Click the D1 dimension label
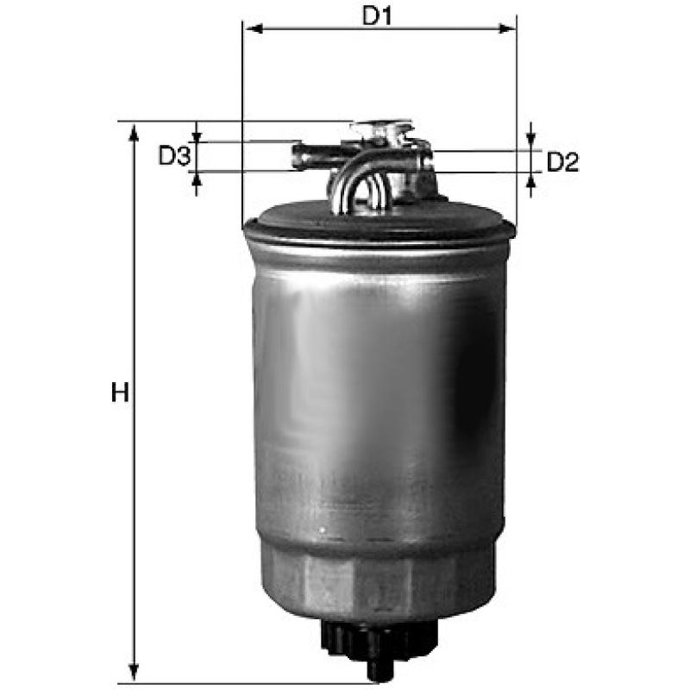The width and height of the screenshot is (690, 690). [376, 16]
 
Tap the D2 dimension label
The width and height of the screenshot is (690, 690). [562, 162]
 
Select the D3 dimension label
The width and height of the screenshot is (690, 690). [174, 156]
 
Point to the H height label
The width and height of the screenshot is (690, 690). [120, 392]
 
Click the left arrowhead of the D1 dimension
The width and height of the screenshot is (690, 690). [254, 29]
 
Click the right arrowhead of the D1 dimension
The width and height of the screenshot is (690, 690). [506, 29]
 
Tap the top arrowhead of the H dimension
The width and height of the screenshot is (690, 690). [134, 134]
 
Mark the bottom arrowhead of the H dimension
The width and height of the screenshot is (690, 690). [134, 672]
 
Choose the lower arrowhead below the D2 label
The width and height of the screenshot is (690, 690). [531, 180]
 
